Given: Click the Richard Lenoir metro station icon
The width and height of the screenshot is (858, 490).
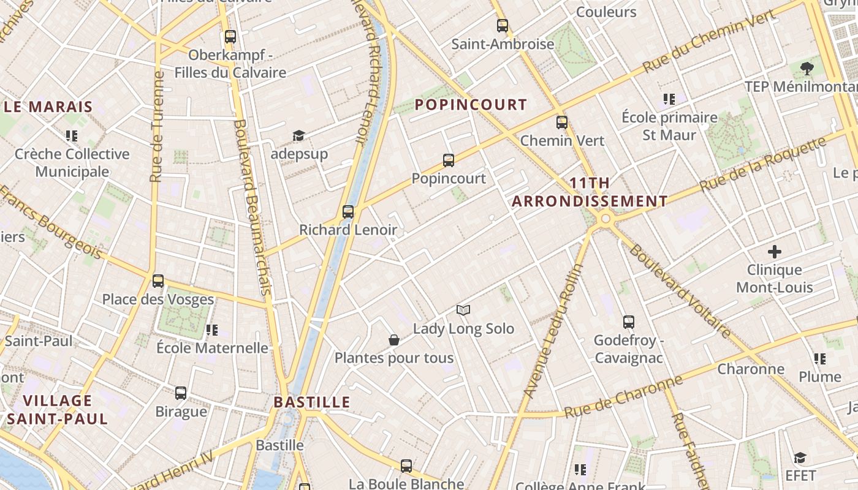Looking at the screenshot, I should point(348,212).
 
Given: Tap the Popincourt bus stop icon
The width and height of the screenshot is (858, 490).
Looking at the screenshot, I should point(449,160).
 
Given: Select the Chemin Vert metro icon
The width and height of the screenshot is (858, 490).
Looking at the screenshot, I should point(562,123).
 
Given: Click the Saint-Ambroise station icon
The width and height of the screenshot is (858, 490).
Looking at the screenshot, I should point(503,26).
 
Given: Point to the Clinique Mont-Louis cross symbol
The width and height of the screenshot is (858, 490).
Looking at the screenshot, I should point(775,252).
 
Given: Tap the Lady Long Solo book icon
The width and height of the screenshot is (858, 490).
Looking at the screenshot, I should point(463,311).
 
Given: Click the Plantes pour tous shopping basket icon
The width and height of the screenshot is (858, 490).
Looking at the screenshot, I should point(394,340).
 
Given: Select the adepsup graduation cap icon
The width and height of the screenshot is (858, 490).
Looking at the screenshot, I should point(298,135).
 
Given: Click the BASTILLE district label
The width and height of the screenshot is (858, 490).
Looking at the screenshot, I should point(312,402).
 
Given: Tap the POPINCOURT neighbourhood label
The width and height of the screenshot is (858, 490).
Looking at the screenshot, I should point(471,105).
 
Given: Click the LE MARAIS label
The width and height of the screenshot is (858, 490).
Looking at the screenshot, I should point(48,107).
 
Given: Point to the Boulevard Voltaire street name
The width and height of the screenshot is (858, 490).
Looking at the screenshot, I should point(680,291).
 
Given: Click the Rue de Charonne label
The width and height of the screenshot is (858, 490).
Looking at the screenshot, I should point(624,398).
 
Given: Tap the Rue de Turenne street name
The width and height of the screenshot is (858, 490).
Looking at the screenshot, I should point(158,127).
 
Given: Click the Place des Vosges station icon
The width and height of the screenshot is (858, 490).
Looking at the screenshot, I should point(158,281).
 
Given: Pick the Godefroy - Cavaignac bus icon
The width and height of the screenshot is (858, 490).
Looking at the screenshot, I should point(629,322).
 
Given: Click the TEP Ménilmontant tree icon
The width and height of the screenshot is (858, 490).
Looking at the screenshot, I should point(807,68).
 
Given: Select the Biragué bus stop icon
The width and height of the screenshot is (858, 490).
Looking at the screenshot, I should point(181,393).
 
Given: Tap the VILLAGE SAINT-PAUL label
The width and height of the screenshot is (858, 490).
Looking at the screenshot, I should point(58,410).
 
